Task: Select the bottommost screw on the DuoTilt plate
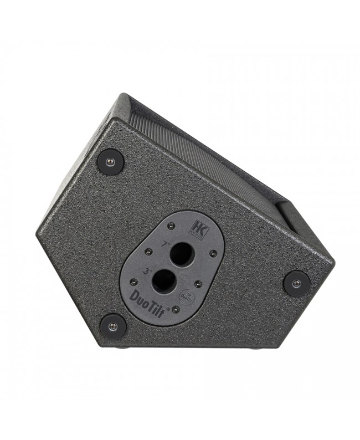[x=175, y=309]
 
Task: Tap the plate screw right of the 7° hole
[x=213, y=253]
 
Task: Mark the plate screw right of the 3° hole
[x=198, y=284]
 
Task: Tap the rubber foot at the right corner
[x=296, y=283]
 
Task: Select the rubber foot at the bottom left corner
[x=113, y=326]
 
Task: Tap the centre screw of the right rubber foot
[x=296, y=283]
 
